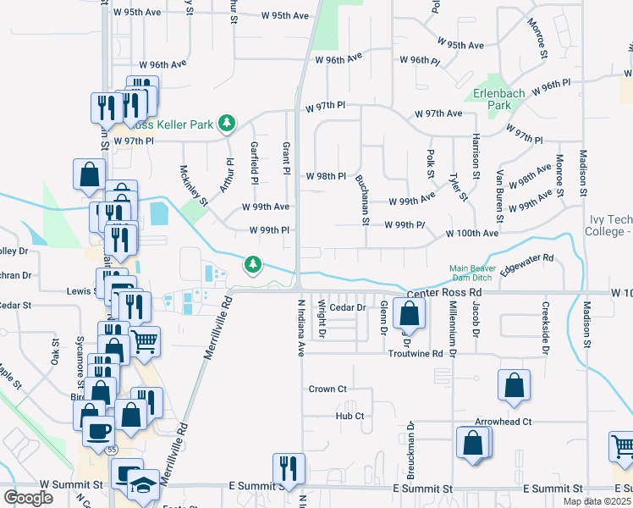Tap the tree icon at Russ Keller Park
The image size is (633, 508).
point(226,124)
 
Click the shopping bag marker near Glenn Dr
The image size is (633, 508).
point(409,313)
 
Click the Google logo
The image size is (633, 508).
point(28,498)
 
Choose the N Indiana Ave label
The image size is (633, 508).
point(300,326)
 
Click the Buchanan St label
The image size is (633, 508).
point(366,200)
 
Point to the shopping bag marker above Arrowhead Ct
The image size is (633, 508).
point(514,385)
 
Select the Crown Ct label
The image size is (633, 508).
point(328,389)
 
